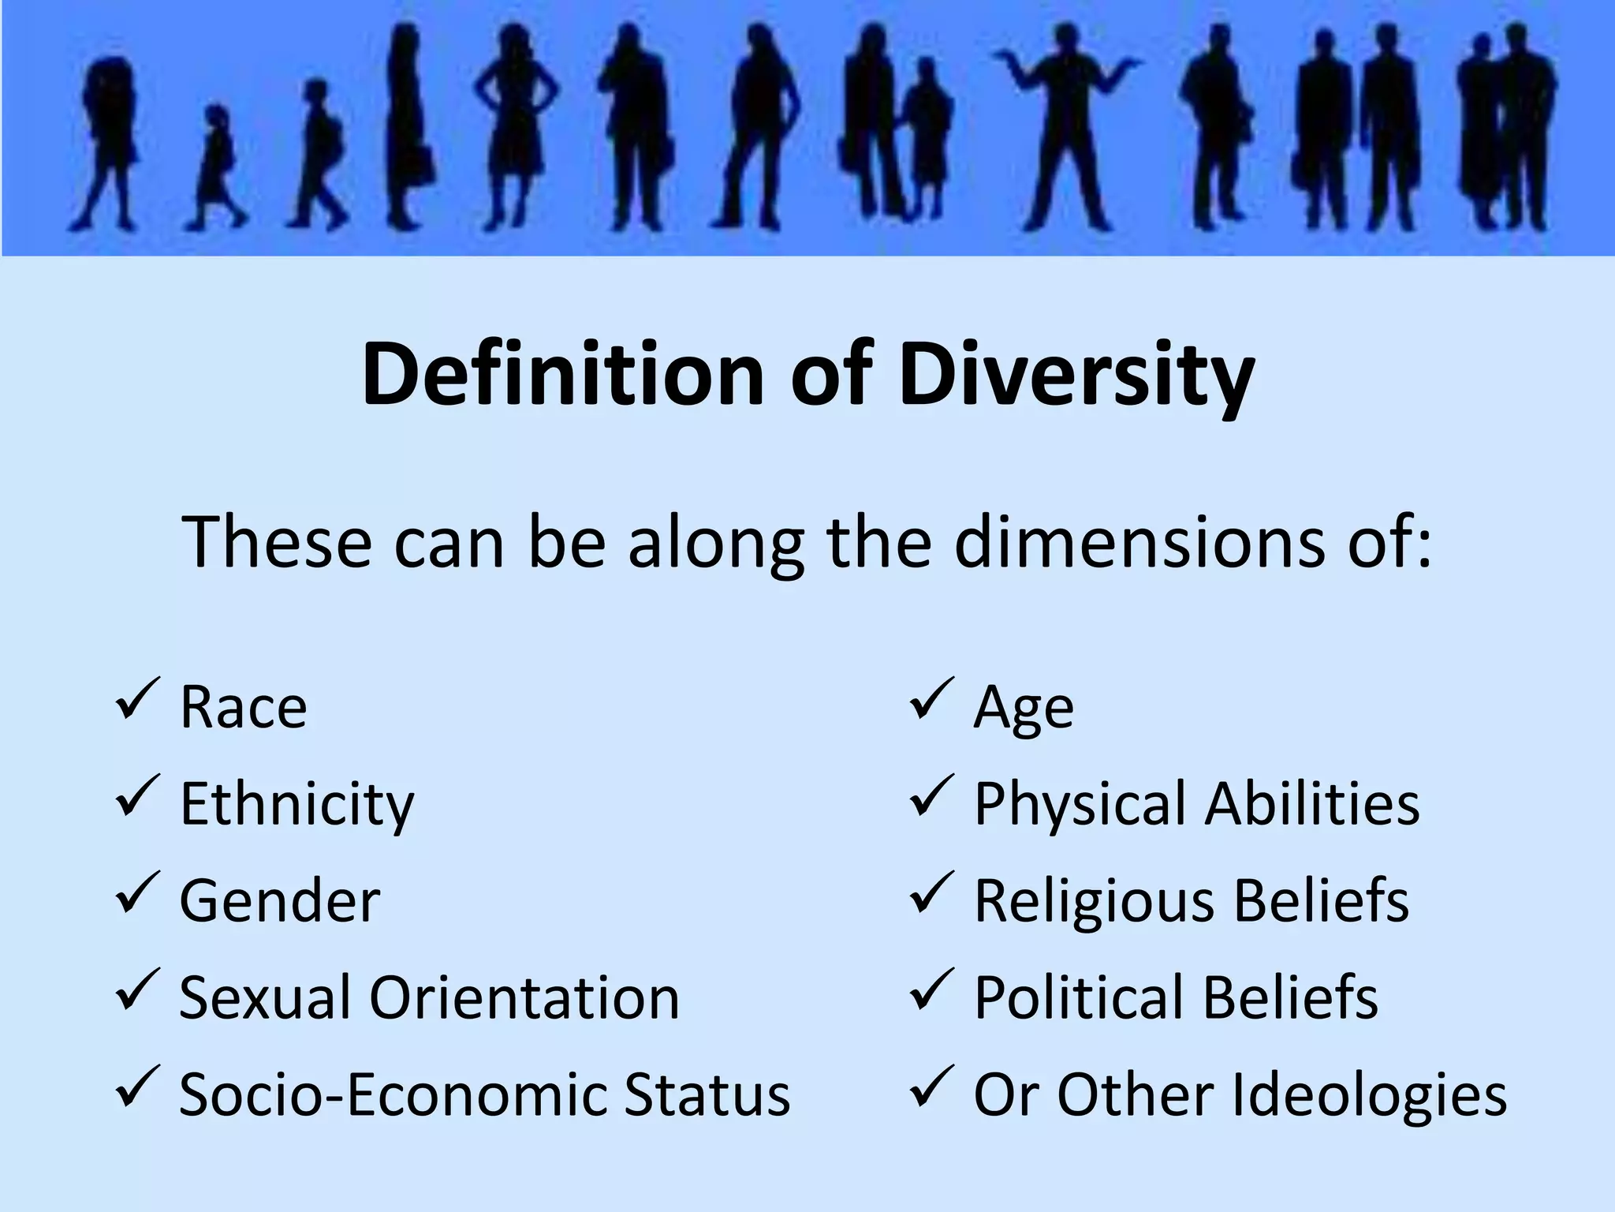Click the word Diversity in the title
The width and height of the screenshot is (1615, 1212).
(x=1076, y=374)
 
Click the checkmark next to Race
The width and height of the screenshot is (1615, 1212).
(x=137, y=699)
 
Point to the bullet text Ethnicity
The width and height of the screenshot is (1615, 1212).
(x=297, y=804)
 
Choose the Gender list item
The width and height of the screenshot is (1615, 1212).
(x=280, y=900)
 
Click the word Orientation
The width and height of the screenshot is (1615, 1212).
(x=524, y=997)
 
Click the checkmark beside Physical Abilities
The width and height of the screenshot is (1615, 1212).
(x=932, y=796)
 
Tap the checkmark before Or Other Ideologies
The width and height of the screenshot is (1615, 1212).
(x=932, y=1087)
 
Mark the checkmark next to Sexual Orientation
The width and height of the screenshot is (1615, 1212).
(x=137, y=989)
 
